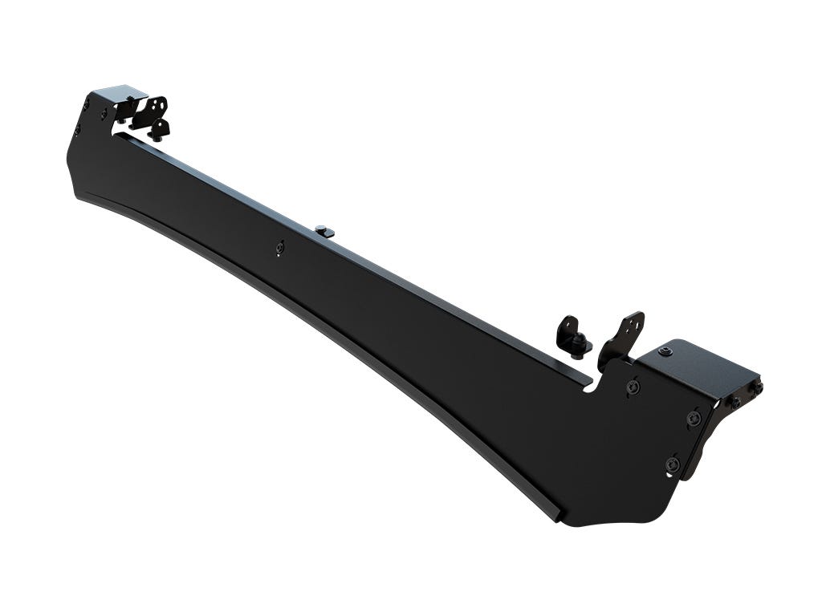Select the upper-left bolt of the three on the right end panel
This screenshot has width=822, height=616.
tap(633, 387)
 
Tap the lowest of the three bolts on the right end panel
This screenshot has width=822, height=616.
tap(673, 464)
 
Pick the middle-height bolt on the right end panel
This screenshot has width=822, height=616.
tap(694, 418)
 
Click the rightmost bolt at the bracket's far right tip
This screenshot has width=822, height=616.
tap(757, 387)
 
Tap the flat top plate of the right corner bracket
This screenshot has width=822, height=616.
tap(706, 363)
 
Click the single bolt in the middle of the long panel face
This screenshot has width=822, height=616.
tap(279, 248)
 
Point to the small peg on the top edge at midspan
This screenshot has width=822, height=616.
tap(324, 231)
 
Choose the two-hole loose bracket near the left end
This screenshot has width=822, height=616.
tap(151, 112)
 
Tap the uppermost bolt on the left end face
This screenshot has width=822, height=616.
tap(86, 103)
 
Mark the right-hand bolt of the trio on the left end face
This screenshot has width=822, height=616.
tap(105, 113)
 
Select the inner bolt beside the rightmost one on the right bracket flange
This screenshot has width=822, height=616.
tap(735, 400)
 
